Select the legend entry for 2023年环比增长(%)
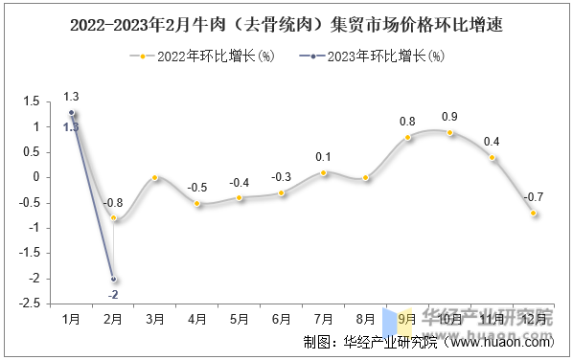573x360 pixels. [x=373, y=56]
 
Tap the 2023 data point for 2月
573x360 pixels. [x=113, y=279]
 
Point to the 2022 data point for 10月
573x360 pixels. [x=450, y=132]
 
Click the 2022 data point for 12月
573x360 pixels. [x=534, y=213]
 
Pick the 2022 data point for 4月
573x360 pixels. [x=197, y=203]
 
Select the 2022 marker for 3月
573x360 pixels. [x=155, y=177]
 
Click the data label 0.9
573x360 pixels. [x=449, y=117]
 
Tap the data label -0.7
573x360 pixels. [x=533, y=197]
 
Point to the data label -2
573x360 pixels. [x=113, y=295]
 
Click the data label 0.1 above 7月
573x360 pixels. [x=323, y=157]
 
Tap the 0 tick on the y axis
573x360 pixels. [x=36, y=177]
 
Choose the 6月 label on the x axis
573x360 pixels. [x=282, y=319]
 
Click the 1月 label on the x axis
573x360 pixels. [x=71, y=319]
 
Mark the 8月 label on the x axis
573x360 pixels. [x=365, y=319]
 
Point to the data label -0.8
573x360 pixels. [x=113, y=202]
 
